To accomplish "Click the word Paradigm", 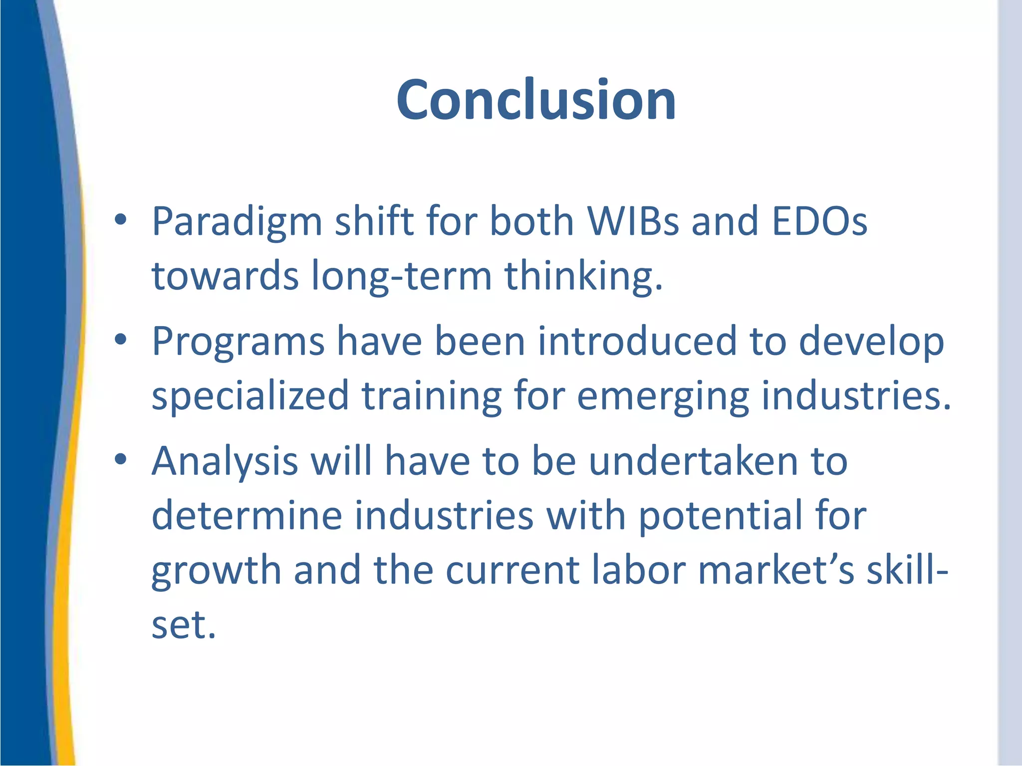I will (x=237, y=222).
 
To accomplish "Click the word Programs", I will (x=238, y=342).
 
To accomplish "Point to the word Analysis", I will (x=225, y=461).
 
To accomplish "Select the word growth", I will (x=216, y=571).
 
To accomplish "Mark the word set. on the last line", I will (x=183, y=624).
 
